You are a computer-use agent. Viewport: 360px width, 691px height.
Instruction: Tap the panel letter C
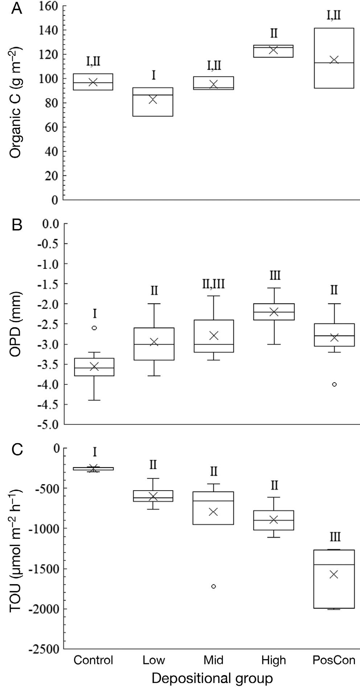tap(17, 450)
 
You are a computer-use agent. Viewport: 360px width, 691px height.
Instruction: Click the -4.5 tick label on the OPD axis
tap(47, 404)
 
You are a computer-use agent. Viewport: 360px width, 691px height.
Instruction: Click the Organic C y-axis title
tap(15, 103)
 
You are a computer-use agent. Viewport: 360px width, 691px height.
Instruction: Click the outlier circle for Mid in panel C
tap(214, 586)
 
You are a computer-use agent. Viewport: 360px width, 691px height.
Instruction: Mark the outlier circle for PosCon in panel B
tap(334, 384)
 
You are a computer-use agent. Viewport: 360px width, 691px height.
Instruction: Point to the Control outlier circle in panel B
tap(94, 328)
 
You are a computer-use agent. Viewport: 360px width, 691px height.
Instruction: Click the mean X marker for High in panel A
tap(274, 50)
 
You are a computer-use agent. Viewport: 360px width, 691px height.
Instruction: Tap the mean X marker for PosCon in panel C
tap(334, 574)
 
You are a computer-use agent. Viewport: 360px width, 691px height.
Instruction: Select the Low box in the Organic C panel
tap(153, 102)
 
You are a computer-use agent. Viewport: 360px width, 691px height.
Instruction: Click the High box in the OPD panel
tap(274, 312)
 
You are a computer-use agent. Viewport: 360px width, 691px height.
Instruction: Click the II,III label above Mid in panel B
tap(214, 284)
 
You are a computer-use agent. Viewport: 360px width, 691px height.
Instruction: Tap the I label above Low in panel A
tap(153, 75)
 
